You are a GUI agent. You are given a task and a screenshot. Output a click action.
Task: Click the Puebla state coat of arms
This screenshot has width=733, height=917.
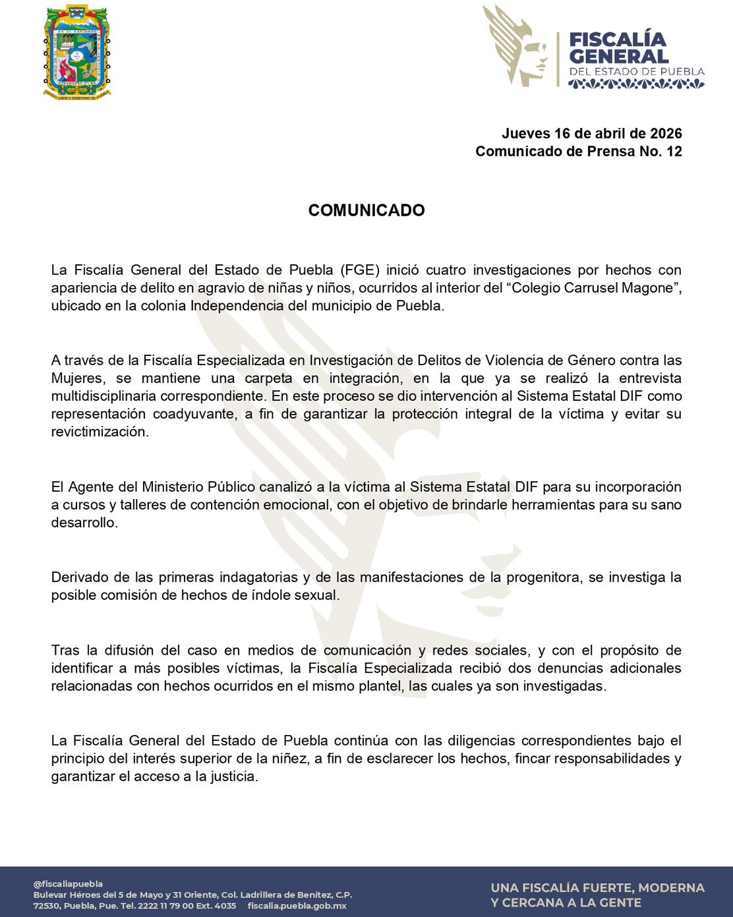pyautogui.click(x=76, y=51)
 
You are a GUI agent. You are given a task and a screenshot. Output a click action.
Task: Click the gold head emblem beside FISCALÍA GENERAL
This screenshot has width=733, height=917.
pyautogui.click(x=517, y=46)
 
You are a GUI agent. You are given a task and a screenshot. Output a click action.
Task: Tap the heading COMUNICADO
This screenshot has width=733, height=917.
pyautogui.click(x=366, y=210)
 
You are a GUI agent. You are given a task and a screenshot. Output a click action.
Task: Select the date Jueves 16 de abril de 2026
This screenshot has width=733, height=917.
pyautogui.click(x=591, y=134)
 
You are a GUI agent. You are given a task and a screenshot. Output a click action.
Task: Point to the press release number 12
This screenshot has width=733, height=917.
pyautogui.click(x=674, y=152)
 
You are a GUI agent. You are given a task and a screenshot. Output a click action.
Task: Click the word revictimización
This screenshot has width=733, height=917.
pyautogui.click(x=100, y=432)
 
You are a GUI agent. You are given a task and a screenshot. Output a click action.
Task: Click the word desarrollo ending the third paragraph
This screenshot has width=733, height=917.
pyautogui.click(x=84, y=523)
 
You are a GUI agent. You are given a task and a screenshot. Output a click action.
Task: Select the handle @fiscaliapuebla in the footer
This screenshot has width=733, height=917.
pyautogui.click(x=68, y=883)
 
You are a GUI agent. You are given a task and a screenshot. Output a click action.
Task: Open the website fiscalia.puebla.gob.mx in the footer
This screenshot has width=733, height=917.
pyautogui.click(x=297, y=906)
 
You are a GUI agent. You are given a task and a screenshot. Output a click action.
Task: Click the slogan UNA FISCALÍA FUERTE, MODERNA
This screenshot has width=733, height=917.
pyautogui.click(x=597, y=888)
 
